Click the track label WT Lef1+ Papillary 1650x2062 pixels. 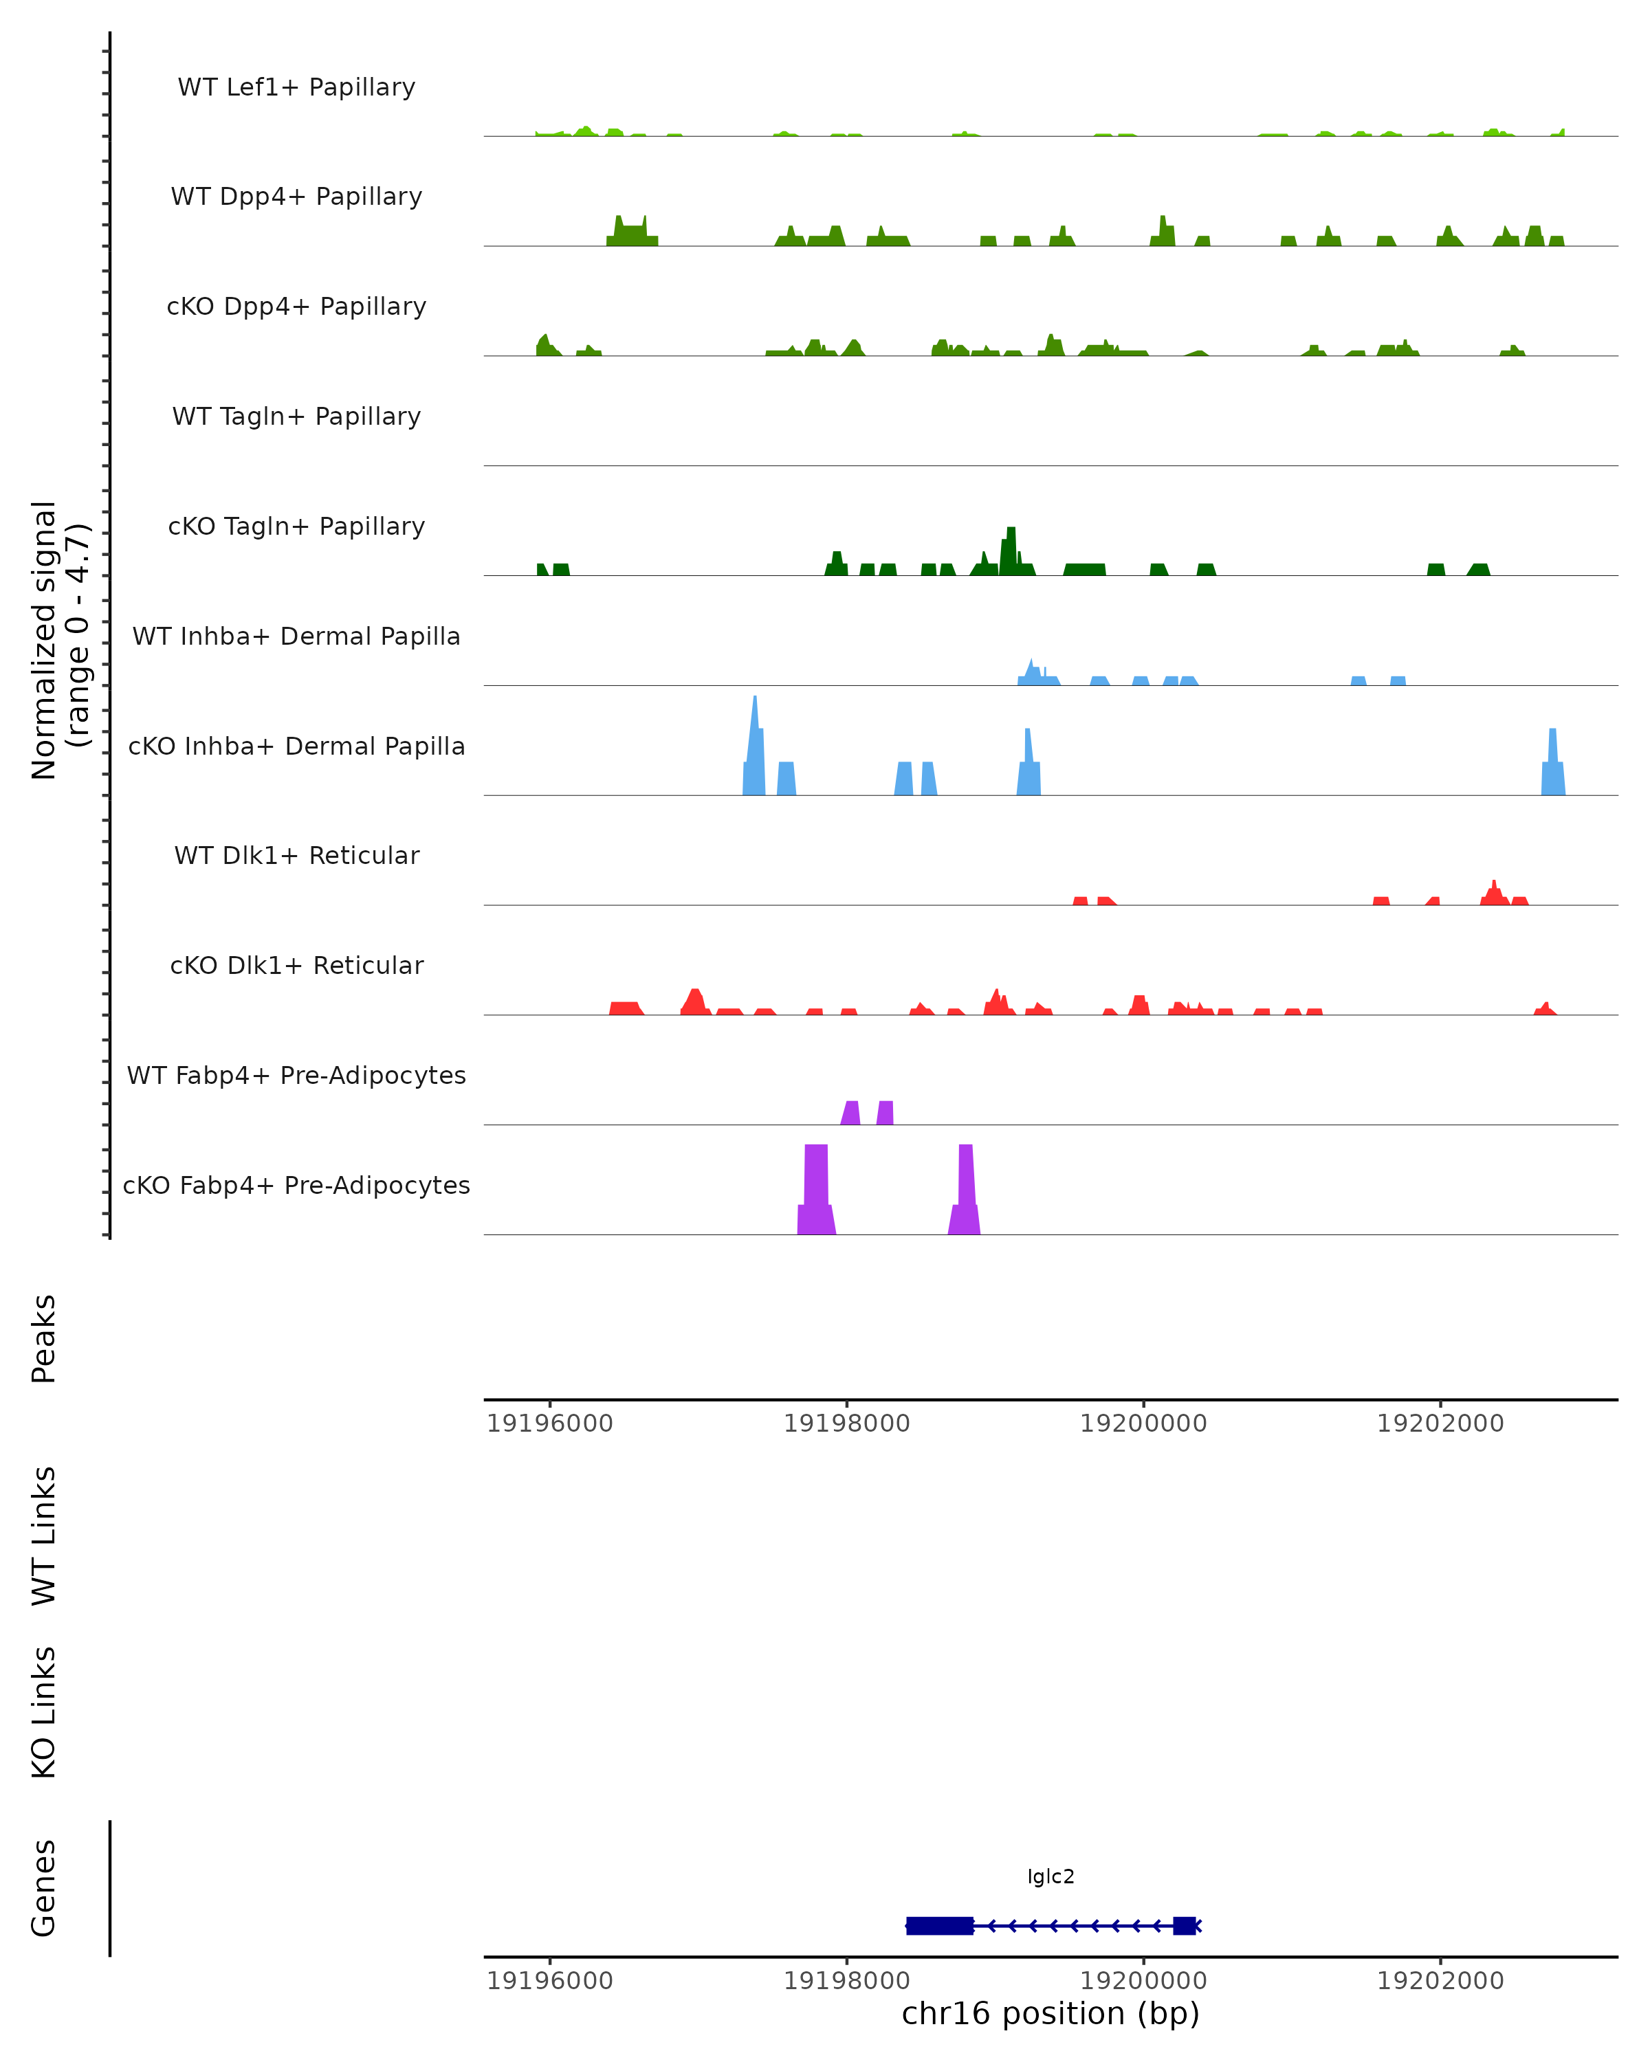(296, 87)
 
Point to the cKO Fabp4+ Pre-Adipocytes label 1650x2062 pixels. (296, 1185)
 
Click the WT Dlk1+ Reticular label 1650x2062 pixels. (296, 855)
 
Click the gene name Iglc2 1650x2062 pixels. (1050, 1876)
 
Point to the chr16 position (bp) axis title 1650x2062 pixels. (1050, 2013)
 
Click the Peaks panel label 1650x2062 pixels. (44, 1338)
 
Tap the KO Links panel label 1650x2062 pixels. (44, 1712)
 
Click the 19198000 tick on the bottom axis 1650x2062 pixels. (846, 1980)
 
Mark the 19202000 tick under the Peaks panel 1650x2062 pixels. (1440, 1423)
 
